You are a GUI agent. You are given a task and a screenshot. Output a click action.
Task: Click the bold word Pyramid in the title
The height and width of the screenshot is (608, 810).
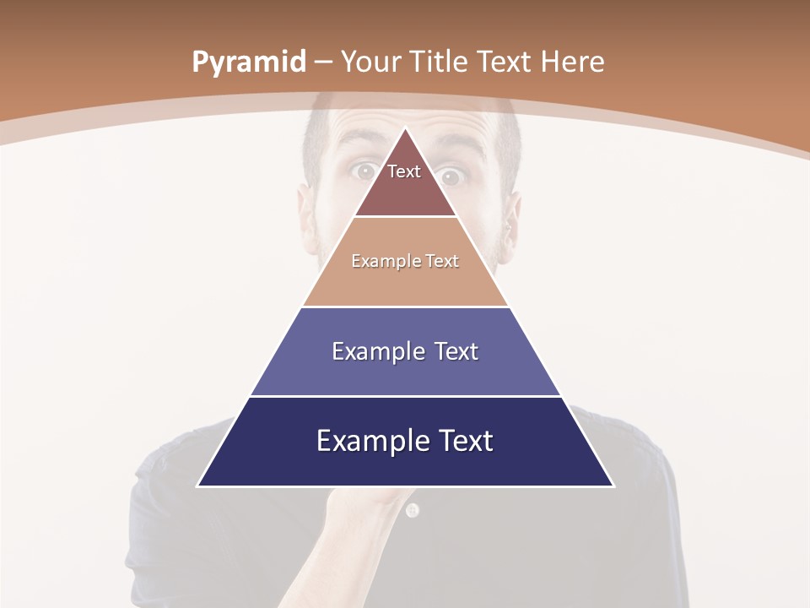coord(249,62)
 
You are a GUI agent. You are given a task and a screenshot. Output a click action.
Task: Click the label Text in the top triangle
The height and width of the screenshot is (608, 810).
coord(404,171)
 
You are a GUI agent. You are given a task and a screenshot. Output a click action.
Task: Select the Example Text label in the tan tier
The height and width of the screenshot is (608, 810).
coord(405,261)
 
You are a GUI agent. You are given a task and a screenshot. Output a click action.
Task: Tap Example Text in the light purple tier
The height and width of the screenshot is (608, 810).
coord(405,351)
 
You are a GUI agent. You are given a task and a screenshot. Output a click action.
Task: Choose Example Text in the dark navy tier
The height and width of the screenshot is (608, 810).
coord(405,441)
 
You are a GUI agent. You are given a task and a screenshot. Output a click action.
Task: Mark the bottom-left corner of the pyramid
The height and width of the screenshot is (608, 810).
coord(198,486)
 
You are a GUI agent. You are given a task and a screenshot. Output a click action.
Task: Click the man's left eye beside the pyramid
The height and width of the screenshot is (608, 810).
coord(364,171)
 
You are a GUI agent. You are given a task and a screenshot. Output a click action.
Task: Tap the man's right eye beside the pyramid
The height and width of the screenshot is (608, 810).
coord(451,176)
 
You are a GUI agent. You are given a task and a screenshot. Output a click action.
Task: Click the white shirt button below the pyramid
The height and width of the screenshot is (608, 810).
coord(412,510)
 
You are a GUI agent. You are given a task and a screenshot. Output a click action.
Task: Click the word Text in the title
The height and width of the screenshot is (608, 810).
coord(505,62)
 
